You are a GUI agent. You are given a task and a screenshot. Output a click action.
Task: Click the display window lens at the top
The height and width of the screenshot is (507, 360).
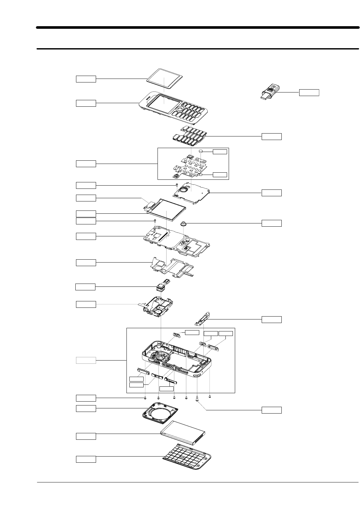point(164,79)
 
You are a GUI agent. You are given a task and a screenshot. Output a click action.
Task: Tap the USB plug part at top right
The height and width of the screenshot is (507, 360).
point(270,92)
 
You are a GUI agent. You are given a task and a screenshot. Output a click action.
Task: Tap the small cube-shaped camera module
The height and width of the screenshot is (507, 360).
point(160,286)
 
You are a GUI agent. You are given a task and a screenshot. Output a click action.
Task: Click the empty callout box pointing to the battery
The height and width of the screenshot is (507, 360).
point(86,436)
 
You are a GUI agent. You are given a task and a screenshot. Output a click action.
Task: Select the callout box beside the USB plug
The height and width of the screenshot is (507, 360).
point(309,92)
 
